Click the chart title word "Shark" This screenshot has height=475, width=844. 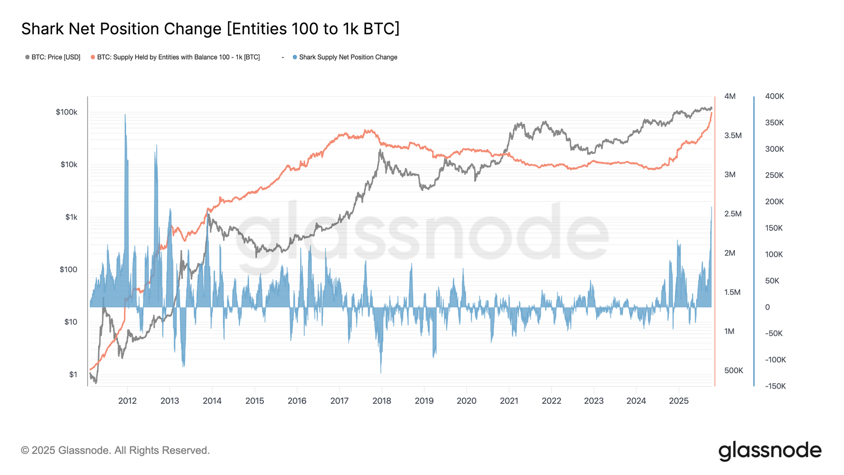43,28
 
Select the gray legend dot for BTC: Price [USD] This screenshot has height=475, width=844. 27,57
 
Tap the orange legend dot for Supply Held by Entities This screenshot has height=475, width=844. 93,57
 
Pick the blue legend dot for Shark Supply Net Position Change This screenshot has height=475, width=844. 295,57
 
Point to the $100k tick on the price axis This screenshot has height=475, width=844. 66,112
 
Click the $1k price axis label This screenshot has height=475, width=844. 71,217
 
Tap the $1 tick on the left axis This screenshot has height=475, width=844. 73,374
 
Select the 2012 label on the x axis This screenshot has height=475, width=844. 127,401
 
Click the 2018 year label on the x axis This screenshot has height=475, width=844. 382,401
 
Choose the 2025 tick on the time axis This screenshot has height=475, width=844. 678,401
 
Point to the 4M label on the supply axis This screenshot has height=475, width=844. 730,96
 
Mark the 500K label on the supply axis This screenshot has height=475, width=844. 733,370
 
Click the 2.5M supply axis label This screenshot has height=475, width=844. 733,214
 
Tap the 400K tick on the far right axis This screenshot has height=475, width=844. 774,96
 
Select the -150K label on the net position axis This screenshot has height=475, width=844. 775,386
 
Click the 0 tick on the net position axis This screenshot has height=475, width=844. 768,307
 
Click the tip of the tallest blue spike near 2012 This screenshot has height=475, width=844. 125,115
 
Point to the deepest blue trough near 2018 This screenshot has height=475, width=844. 380,373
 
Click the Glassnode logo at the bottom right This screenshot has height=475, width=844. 770,451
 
